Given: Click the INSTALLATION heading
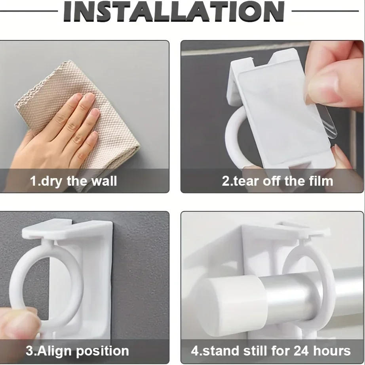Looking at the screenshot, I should [174, 12].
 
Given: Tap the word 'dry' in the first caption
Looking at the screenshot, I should [52, 181].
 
